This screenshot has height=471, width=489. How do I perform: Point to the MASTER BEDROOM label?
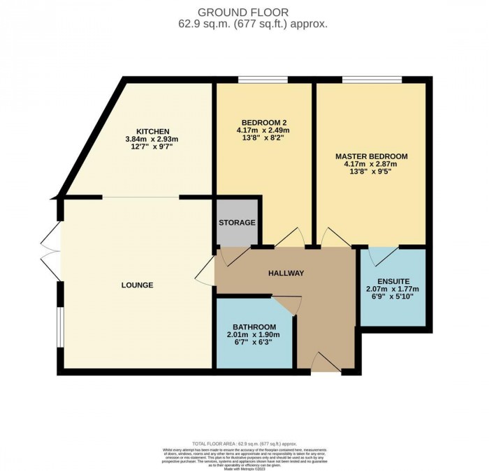(371, 156)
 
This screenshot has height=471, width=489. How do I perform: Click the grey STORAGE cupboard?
(237, 223)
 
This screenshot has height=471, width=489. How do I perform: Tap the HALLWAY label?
(286, 273)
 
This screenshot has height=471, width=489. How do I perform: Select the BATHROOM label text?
(254, 327)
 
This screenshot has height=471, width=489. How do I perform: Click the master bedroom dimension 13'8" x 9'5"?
(371, 173)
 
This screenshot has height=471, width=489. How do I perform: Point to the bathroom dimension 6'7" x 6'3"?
(254, 343)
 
